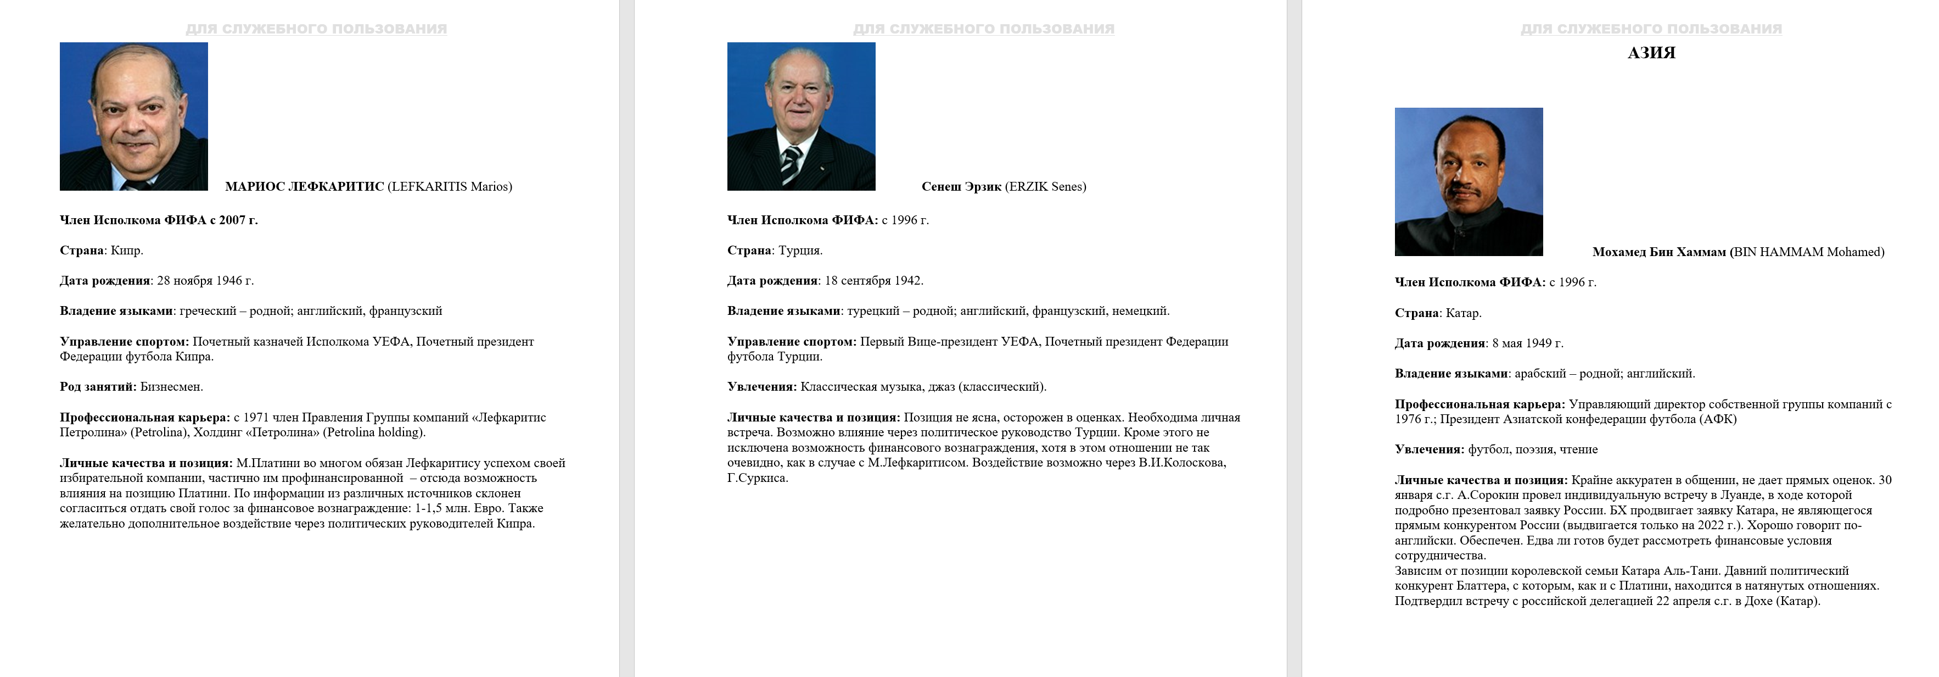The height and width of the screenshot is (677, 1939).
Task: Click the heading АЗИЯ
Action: pos(1651,53)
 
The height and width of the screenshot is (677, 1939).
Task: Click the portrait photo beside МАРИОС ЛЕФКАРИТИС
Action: pos(134,116)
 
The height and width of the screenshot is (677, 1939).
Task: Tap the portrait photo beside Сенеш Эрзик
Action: pos(801,116)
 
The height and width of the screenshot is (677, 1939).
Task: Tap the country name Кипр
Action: pos(125,251)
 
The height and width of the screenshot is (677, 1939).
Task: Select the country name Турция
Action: pos(799,251)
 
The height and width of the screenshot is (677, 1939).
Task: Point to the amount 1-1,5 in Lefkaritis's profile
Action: pos(430,508)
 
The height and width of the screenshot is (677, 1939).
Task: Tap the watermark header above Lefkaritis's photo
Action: pos(316,29)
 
